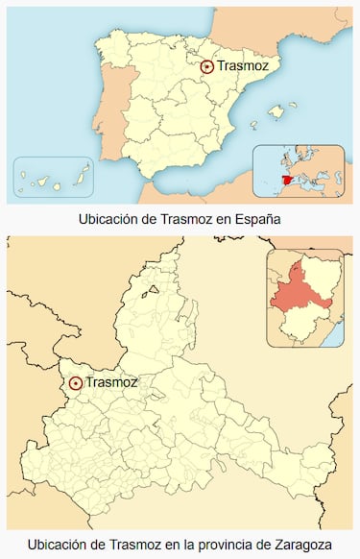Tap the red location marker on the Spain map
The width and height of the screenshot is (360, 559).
coord(206,66)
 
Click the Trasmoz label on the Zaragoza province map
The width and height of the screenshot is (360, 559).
coord(111,382)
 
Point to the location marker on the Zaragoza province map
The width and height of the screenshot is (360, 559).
coord(76,382)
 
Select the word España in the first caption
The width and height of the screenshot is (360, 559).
coord(256,219)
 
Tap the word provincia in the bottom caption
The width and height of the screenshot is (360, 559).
coord(221,545)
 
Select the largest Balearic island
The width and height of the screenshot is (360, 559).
coord(278,113)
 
